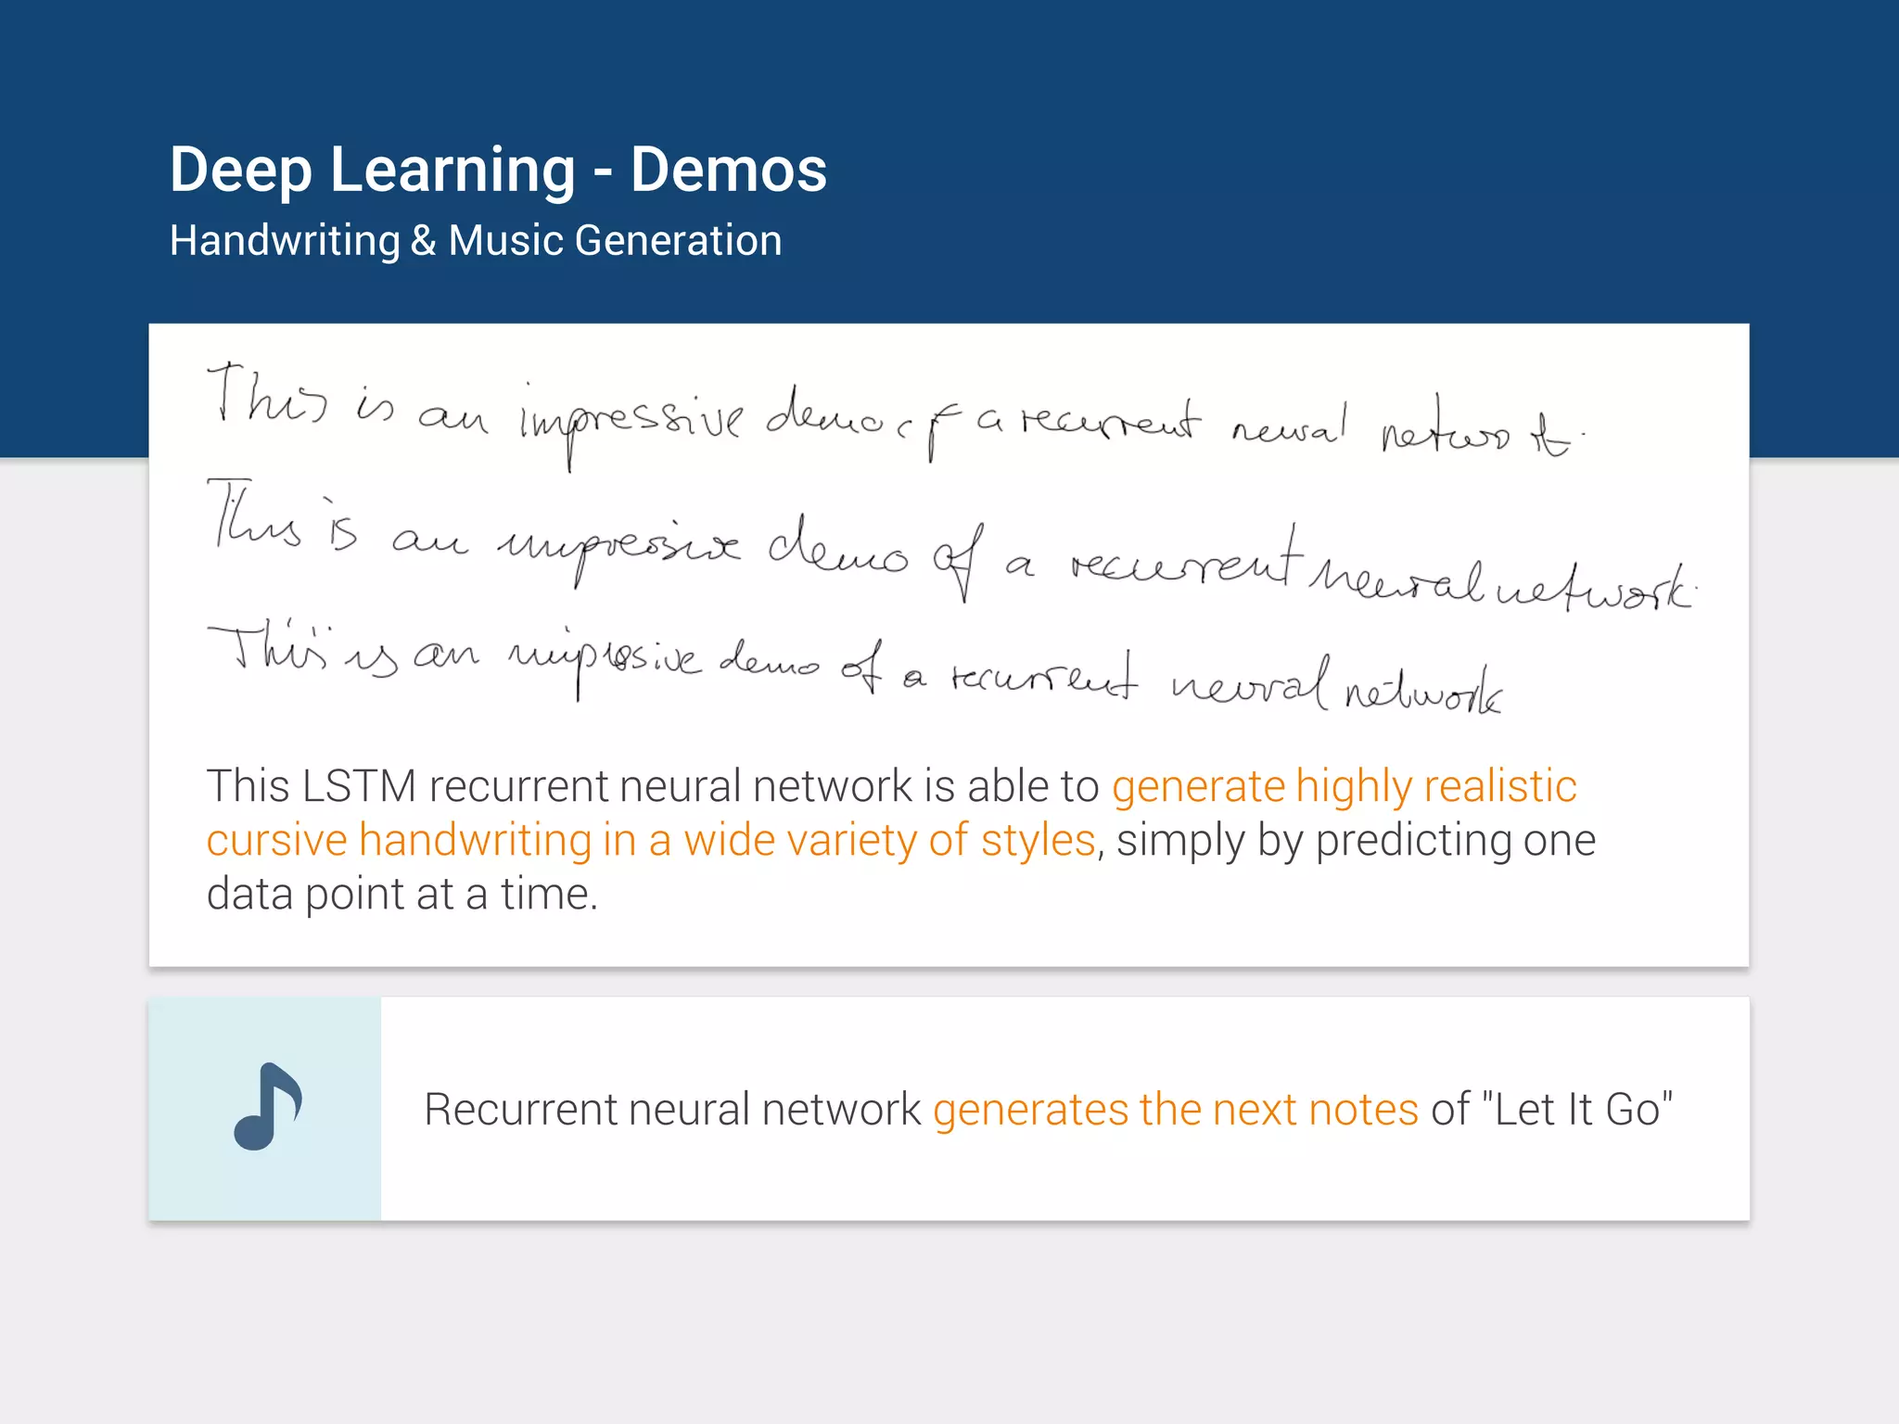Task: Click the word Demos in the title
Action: pyautogui.click(x=728, y=171)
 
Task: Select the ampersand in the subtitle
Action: pyautogui.click(x=423, y=241)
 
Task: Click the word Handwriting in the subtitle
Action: pyautogui.click(x=285, y=241)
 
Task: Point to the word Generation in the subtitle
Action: pyautogui.click(x=678, y=241)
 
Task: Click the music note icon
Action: pyautogui.click(x=267, y=1106)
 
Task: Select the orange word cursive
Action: pyautogui.click(x=276, y=840)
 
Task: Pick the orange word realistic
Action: pyautogui.click(x=1500, y=786)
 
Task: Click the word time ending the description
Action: pyautogui.click(x=548, y=895)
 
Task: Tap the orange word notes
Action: pyautogui.click(x=1363, y=1110)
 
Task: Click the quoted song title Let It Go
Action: pyautogui.click(x=1577, y=1110)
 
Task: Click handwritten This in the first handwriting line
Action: pyautogui.click(x=267, y=397)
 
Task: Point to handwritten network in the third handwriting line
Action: pyautogui.click(x=1422, y=691)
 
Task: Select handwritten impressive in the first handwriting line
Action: pyautogui.click(x=631, y=422)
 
